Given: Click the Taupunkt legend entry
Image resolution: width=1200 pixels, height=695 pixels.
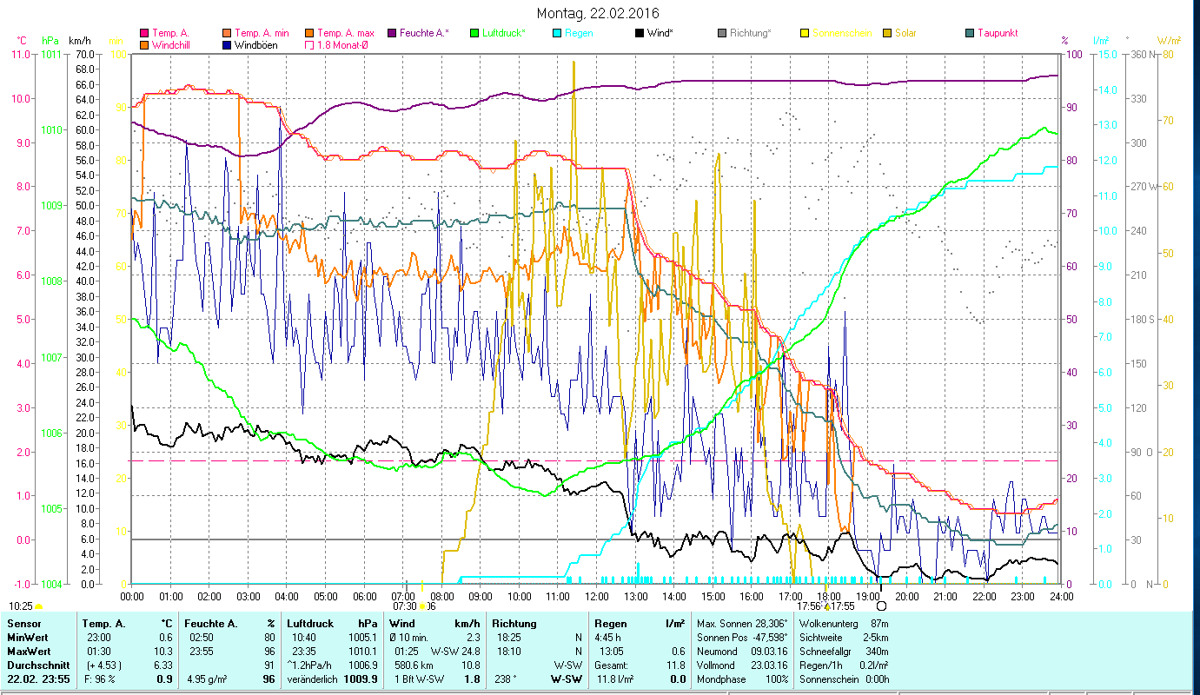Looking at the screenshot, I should tap(997, 33).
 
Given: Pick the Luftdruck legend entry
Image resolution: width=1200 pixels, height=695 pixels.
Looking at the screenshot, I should tap(503, 33).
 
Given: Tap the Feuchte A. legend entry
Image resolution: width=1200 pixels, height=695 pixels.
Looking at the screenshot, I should tap(424, 33).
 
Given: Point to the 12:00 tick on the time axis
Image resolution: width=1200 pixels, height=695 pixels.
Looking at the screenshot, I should tap(597, 596).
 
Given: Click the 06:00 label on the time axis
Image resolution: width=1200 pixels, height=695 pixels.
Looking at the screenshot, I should tap(365, 596).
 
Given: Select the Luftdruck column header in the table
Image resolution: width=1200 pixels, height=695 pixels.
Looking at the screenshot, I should tap(309, 624).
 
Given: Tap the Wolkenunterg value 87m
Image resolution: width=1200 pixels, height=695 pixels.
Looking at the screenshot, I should tap(878, 624).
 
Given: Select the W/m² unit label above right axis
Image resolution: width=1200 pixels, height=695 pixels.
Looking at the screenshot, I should tap(1167, 41).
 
